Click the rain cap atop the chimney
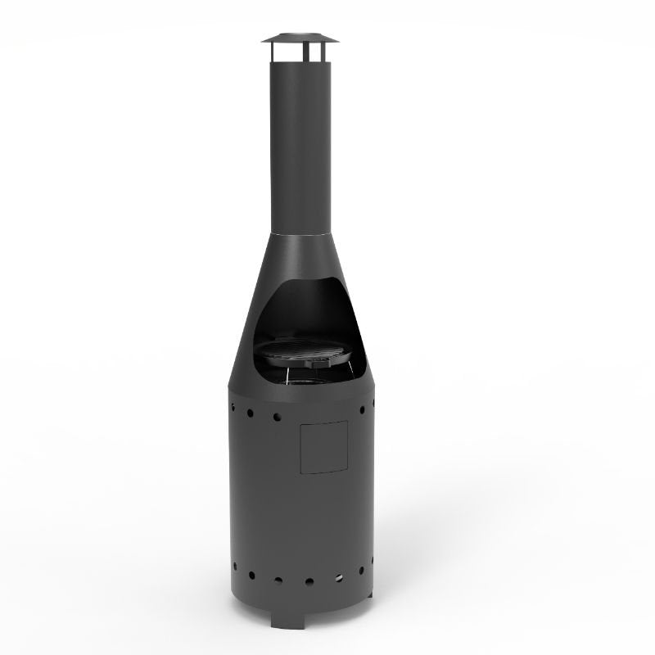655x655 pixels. [x=300, y=38]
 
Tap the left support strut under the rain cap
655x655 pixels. [x=273, y=52]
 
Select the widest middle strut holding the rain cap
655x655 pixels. [x=300, y=52]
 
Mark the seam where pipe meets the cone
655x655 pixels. [x=300, y=233]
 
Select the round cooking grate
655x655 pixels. [x=307, y=351]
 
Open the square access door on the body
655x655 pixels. [x=323, y=447]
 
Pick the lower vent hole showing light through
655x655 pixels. [x=338, y=579]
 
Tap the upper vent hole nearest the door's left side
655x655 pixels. [x=277, y=417]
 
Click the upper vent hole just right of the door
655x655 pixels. [x=361, y=409]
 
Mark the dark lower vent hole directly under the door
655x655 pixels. [x=309, y=582]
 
